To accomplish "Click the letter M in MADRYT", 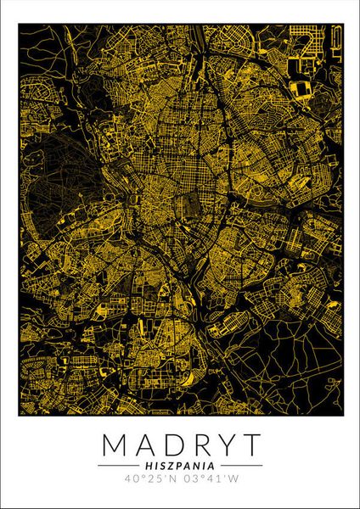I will point(113,445).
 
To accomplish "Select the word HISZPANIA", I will point(180,465).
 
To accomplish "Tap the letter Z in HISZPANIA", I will point(169,465).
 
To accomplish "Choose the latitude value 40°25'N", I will point(152,479).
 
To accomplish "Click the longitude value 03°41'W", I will point(208,479).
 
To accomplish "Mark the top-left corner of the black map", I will point(20,24).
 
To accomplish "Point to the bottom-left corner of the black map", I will point(20,416).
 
